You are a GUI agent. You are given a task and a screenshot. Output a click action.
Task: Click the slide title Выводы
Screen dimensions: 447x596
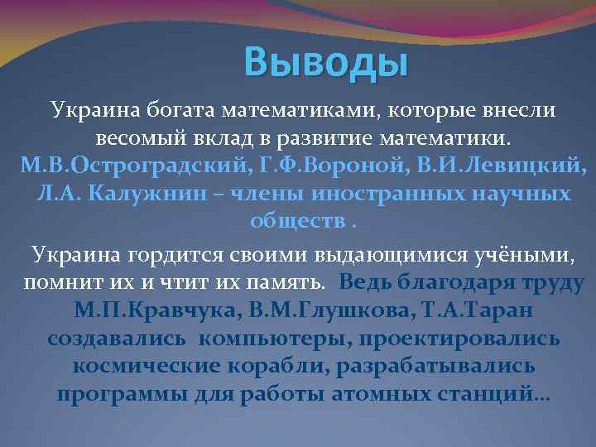327,63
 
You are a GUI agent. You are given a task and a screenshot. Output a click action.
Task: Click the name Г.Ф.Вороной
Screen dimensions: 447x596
276,165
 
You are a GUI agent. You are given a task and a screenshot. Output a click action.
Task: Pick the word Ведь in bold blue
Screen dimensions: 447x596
367,282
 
